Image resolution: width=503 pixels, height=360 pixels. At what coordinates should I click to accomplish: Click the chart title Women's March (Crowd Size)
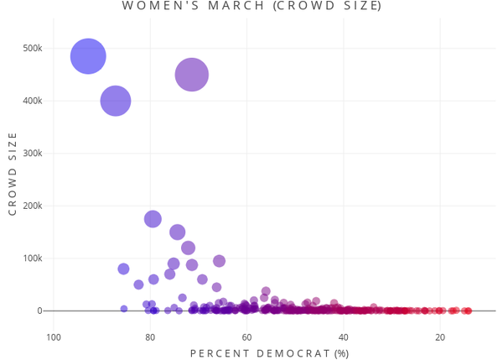[251, 7]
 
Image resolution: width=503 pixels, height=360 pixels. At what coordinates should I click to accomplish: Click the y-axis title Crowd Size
[13, 180]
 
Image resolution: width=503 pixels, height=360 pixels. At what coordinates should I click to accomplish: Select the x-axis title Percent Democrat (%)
[269, 353]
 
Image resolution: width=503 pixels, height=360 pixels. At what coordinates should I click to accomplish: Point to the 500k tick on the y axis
[32, 49]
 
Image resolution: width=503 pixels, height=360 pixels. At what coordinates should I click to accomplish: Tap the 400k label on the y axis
[32, 101]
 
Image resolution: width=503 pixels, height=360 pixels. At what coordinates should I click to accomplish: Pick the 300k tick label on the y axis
[32, 154]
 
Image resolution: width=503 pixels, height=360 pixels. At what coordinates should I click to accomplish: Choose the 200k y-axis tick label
[32, 206]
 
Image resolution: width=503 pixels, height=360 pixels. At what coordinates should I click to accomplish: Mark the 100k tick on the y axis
[32, 258]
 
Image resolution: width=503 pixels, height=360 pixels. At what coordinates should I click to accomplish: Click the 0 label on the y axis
[39, 310]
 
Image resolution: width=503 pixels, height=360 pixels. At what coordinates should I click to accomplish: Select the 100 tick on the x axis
[54, 337]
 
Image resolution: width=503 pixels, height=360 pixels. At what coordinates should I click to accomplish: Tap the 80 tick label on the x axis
[150, 337]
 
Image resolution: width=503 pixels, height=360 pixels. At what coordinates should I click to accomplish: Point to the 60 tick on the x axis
[247, 337]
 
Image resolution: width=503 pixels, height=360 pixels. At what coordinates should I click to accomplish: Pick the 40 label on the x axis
[344, 337]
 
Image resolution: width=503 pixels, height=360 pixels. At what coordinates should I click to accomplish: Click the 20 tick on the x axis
[440, 337]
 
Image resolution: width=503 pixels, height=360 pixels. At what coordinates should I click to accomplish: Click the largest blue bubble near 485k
[88, 56]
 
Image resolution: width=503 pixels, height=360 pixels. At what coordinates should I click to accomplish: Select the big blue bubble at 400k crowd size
[116, 101]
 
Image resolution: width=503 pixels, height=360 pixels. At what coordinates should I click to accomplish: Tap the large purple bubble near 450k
[192, 75]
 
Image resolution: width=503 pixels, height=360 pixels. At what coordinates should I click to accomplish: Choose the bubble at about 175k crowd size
[153, 219]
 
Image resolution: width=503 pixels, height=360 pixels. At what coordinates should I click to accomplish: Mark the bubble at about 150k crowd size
[178, 232]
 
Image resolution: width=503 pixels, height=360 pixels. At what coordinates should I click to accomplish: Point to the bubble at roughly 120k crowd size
[188, 248]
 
